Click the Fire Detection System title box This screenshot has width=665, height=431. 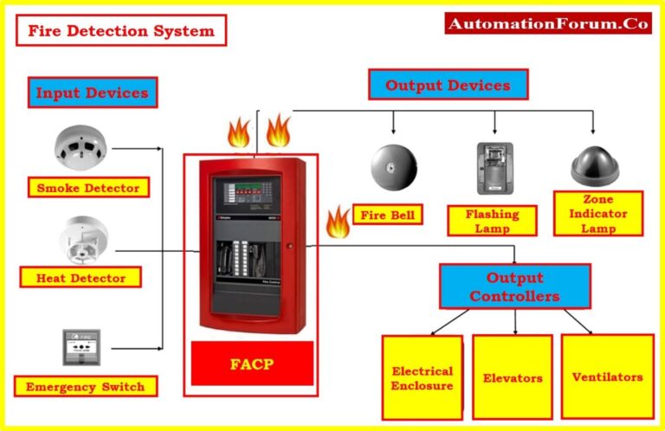(120, 30)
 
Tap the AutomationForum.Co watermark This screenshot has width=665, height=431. (547, 24)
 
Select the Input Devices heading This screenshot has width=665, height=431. (92, 93)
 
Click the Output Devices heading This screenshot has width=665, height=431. (448, 85)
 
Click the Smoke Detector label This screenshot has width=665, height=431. (87, 187)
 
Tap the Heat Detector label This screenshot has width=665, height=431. (81, 278)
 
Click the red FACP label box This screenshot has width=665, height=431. (251, 363)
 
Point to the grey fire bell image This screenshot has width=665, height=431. (395, 167)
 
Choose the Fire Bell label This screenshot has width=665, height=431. (387, 214)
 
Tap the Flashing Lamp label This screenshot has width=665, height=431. (492, 221)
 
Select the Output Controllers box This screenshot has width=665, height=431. (514, 286)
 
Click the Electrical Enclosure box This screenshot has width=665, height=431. (423, 377)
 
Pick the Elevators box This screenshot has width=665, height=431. (513, 377)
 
